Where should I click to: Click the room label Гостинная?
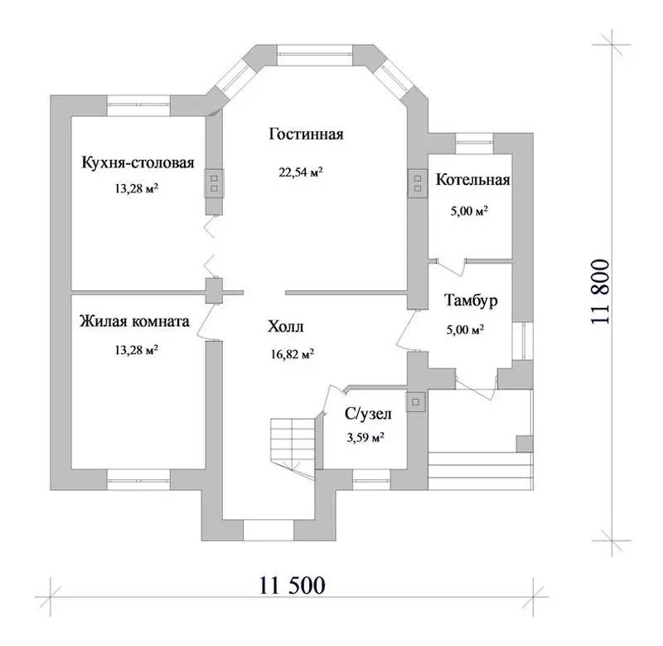tap(306, 134)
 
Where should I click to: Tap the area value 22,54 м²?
tap(301, 172)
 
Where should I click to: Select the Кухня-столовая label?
tap(138, 163)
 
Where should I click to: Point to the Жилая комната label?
tap(134, 321)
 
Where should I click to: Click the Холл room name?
tap(286, 327)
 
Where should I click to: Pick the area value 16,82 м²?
tap(293, 353)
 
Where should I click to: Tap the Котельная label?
tap(472, 180)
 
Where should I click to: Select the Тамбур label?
tap(471, 300)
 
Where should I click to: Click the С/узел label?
tap(368, 413)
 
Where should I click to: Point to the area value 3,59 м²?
tap(365, 437)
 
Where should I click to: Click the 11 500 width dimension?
tap(293, 585)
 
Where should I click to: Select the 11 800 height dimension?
tap(600, 292)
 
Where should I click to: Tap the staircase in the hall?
tap(293, 444)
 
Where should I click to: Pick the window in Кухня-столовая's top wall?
tap(138, 106)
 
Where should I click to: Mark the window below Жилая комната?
tap(138, 479)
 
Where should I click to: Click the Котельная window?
tap(474, 143)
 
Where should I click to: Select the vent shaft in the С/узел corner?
tap(417, 401)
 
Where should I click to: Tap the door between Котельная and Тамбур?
tap(451, 265)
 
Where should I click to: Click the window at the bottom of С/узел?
tap(371, 479)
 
